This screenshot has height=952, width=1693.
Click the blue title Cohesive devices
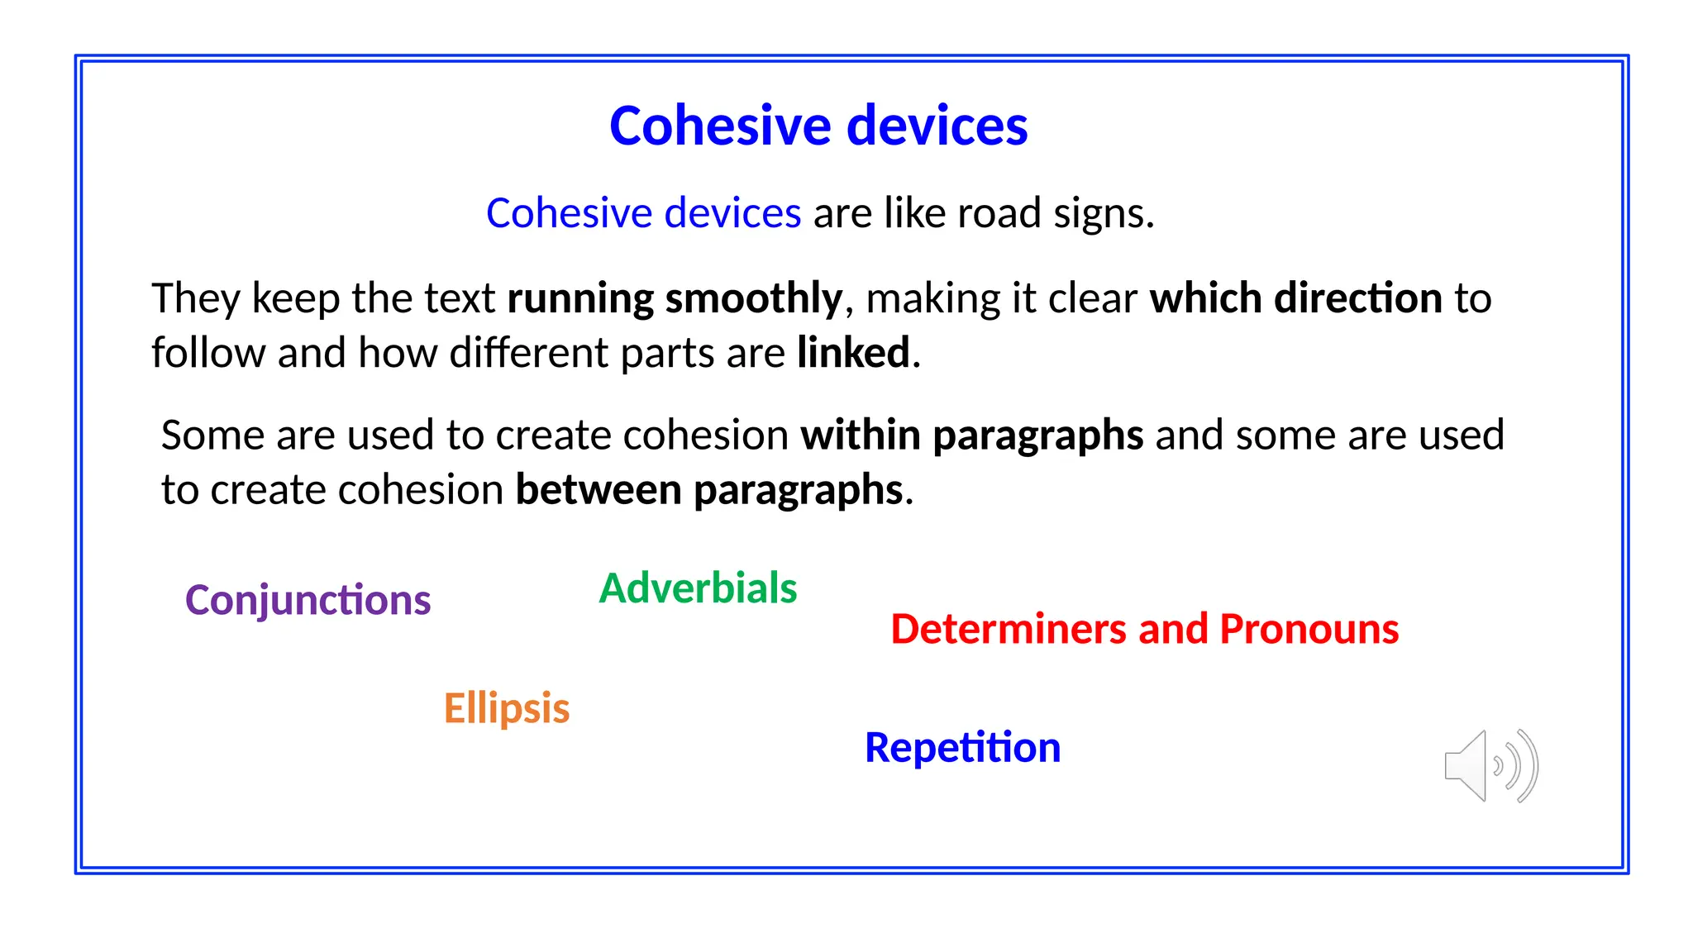click(818, 126)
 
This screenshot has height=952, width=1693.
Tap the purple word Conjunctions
click(308, 600)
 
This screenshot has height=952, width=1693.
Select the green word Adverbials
click(698, 588)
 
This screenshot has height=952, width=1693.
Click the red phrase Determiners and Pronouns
click(1144, 629)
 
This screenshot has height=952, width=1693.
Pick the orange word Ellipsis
click(506, 708)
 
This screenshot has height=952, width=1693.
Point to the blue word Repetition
click(962, 747)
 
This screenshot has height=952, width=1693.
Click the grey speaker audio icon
click(1490, 766)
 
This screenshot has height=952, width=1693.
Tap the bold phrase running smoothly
click(674, 298)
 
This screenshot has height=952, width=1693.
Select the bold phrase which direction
click(1295, 298)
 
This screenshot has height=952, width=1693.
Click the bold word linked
click(853, 353)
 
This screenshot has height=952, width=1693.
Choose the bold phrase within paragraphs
click(971, 436)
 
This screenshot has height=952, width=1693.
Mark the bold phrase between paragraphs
click(708, 490)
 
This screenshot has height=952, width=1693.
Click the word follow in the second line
click(207, 353)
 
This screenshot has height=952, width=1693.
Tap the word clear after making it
click(1092, 298)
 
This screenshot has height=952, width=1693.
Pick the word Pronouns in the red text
click(1309, 629)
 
